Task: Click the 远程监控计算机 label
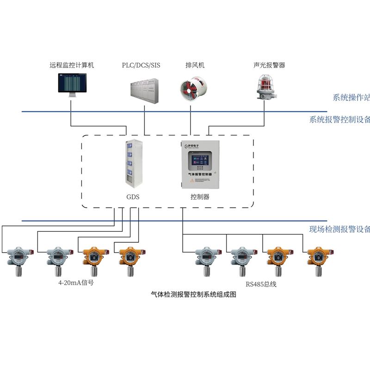[x=72, y=65]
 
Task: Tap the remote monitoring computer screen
[x=72, y=83]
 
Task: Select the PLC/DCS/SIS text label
[x=141, y=65]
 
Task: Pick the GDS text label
[x=133, y=197]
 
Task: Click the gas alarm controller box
[x=200, y=165]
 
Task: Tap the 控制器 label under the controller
[x=200, y=197]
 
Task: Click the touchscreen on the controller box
[x=200, y=163]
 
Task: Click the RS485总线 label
[x=261, y=284]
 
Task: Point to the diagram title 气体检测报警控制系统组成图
[x=194, y=295]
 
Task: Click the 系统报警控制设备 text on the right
[x=340, y=120]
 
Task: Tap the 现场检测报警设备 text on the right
[x=340, y=229]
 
